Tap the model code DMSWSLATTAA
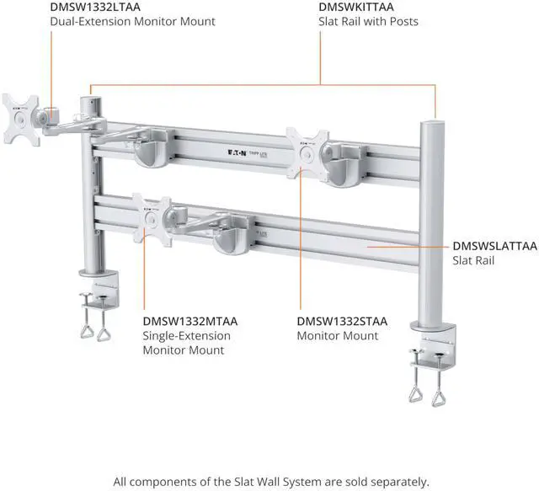click(494, 246)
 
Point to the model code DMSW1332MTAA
click(190, 321)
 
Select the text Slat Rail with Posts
click(368, 21)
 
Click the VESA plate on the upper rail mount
click(307, 151)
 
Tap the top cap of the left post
click(89, 101)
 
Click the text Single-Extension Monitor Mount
click(186, 343)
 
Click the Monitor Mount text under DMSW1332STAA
click(337, 336)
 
